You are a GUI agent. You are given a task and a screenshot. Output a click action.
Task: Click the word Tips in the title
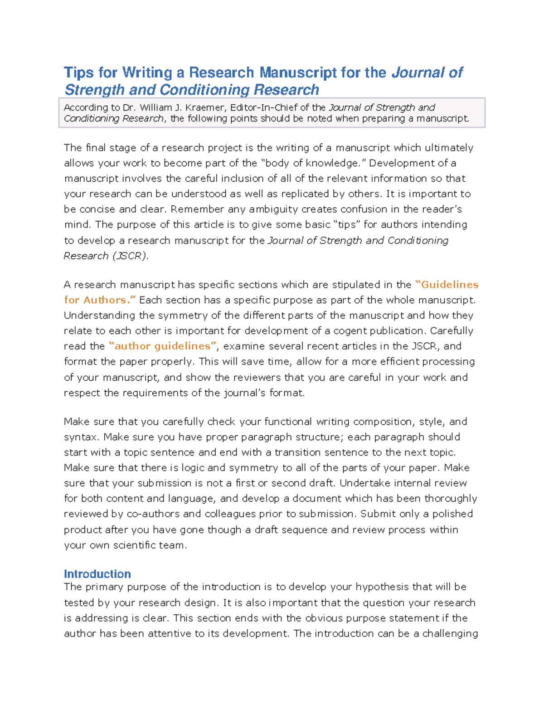pos(79,73)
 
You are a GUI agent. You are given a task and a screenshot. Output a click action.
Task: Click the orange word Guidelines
pos(449,285)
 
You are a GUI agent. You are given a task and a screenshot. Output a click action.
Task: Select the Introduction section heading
pos(97,574)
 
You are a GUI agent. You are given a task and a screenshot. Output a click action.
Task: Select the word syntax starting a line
pos(81,437)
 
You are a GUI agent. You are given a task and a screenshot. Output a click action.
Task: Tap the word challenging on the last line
pos(450,634)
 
